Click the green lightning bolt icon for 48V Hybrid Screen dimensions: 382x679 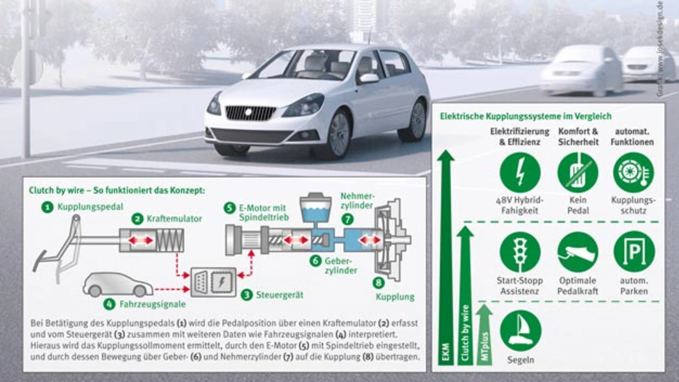pyautogui.click(x=520, y=173)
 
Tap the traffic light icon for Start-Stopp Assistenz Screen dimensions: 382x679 pyautogui.click(x=520, y=252)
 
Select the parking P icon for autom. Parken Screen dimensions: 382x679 pyautogui.click(x=634, y=252)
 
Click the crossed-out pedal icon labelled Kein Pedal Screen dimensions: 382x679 pyautogui.click(x=577, y=173)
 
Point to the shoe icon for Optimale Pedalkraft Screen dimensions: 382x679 pyautogui.click(x=577, y=252)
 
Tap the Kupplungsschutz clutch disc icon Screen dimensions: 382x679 pyautogui.click(x=634, y=173)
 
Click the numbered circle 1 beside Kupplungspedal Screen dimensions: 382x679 pyautogui.click(x=48, y=207)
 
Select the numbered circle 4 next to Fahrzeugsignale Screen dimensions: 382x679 pyautogui.click(x=109, y=305)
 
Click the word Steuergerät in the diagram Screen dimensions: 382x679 pyautogui.click(x=280, y=295)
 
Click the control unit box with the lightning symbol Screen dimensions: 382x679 pyautogui.click(x=213, y=282)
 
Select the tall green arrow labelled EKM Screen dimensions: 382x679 pyautogui.click(x=446, y=260)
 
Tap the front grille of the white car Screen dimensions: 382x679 pyautogui.click(x=250, y=113)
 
